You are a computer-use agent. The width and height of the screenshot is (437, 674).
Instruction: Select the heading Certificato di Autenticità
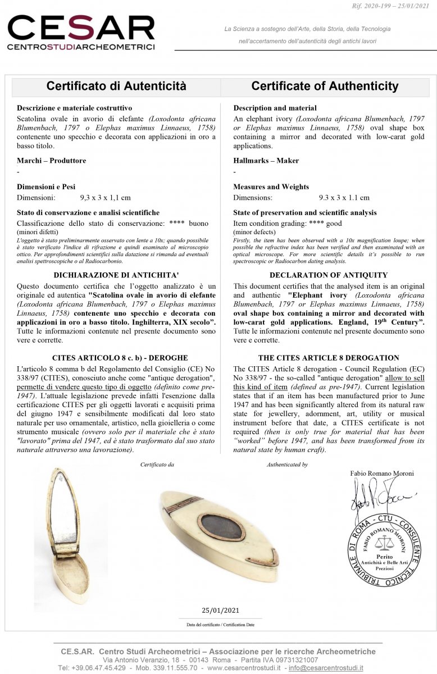click(x=116, y=86)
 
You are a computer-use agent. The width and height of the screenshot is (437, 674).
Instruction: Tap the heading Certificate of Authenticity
click(x=325, y=86)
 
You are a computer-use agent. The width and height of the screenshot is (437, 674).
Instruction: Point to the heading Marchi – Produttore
click(x=51, y=161)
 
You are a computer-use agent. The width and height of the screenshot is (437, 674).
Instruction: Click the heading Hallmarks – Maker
click(x=266, y=161)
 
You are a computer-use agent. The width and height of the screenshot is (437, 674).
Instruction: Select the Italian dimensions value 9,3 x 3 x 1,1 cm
click(x=105, y=198)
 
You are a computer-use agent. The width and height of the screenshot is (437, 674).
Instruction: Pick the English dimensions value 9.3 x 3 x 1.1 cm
click(x=344, y=198)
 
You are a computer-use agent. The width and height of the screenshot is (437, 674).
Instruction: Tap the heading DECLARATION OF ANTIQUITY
click(x=329, y=275)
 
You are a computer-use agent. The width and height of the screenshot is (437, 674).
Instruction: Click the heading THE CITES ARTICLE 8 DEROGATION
click(x=329, y=358)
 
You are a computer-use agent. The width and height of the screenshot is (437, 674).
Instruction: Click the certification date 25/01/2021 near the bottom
click(x=220, y=611)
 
